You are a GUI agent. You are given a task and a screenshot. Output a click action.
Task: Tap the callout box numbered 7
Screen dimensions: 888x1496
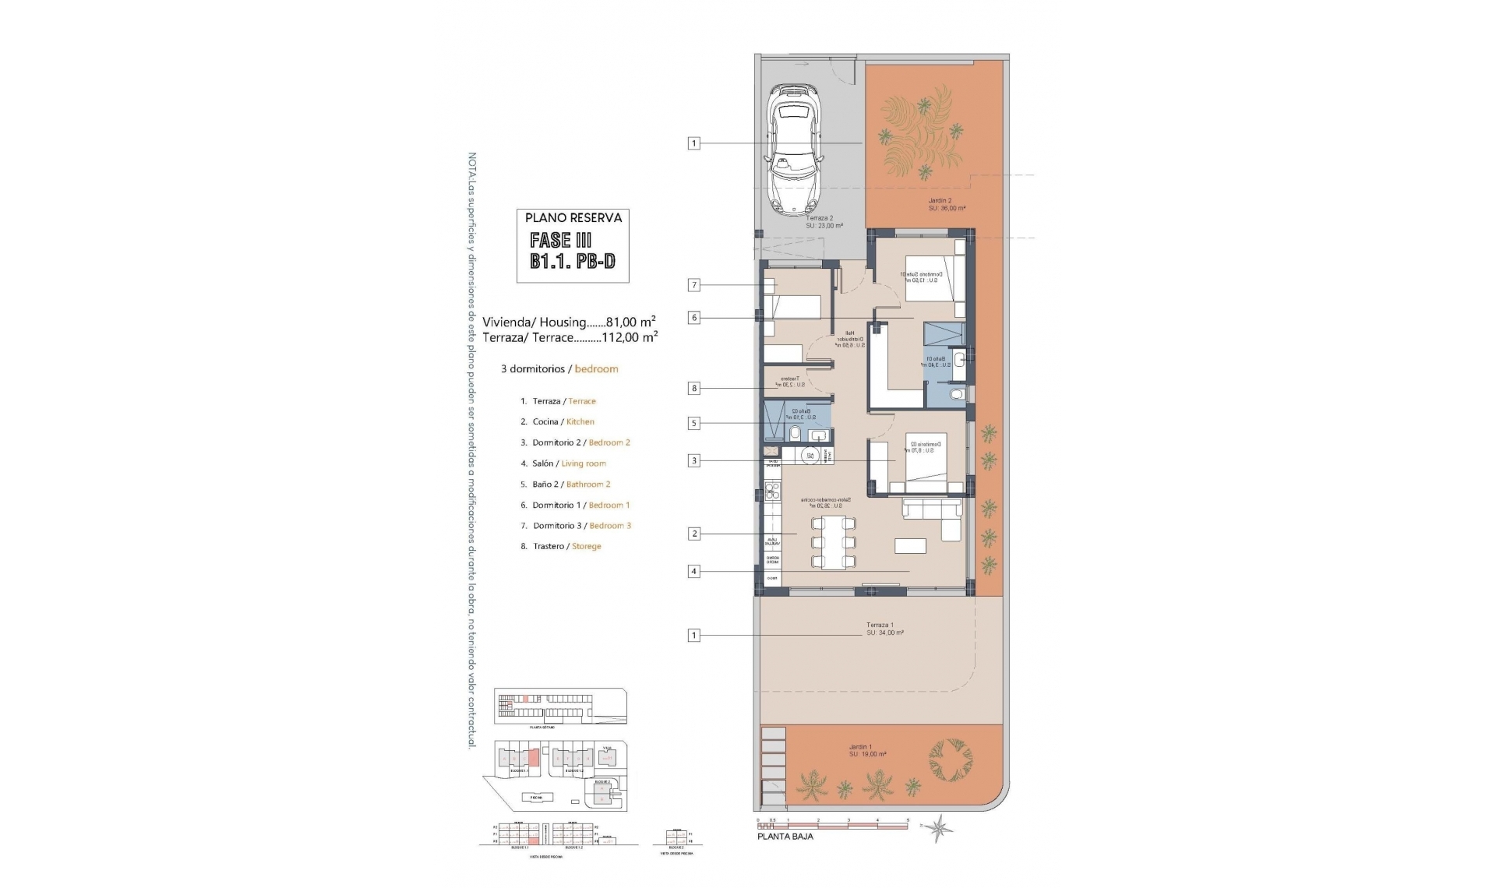(693, 285)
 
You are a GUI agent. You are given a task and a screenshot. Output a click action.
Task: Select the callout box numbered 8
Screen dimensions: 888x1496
(693, 388)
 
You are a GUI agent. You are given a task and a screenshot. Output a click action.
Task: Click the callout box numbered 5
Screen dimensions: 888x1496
(693, 424)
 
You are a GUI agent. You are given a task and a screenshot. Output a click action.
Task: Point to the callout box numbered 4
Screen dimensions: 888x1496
(693, 572)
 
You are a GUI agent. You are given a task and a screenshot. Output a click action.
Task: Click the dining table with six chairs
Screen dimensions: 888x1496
(833, 541)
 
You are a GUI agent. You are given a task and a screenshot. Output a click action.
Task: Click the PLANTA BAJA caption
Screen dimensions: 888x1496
(785, 837)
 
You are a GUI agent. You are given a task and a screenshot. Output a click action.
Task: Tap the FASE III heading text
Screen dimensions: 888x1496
(561, 240)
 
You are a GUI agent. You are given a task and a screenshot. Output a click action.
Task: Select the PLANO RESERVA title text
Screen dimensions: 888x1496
(573, 218)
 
